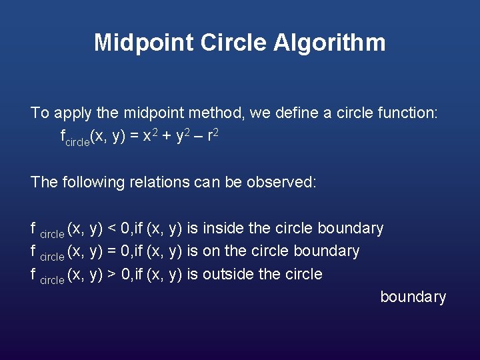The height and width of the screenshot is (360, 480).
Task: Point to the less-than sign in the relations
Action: [x=112, y=229]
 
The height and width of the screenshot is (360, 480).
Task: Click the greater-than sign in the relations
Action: [x=112, y=275]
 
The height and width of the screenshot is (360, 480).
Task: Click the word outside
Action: [x=227, y=274]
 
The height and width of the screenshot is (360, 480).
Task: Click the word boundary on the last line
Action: [x=413, y=297]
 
